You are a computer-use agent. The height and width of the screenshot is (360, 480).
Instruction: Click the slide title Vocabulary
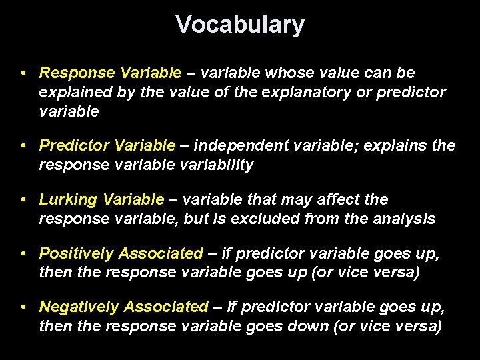point(240,25)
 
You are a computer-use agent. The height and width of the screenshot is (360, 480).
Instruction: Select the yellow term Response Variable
point(110,72)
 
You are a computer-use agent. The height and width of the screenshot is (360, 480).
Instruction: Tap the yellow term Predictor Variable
point(107,145)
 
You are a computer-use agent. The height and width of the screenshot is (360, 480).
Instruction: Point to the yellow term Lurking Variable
point(101,199)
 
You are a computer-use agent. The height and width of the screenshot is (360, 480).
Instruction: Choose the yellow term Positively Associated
point(121,253)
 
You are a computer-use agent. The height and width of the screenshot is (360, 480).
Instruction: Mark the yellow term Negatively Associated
point(124,307)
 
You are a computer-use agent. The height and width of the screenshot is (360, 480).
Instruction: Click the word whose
point(293,72)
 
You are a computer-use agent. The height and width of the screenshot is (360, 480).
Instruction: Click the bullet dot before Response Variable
point(23,73)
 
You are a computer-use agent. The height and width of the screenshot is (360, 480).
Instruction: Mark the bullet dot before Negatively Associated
point(23,307)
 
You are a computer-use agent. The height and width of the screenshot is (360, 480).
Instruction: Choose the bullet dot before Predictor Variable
point(23,145)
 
